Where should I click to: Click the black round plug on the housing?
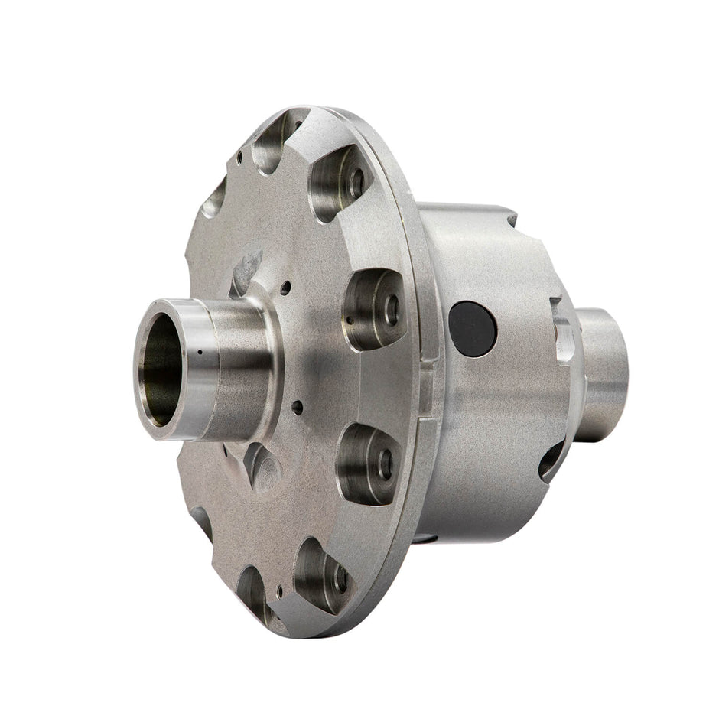click(472, 327)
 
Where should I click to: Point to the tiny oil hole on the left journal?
click(198, 353)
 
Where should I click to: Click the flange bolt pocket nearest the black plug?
click(374, 308)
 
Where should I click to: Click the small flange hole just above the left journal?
click(285, 290)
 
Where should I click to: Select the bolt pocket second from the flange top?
click(342, 183)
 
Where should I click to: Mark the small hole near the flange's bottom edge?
click(281, 590)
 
